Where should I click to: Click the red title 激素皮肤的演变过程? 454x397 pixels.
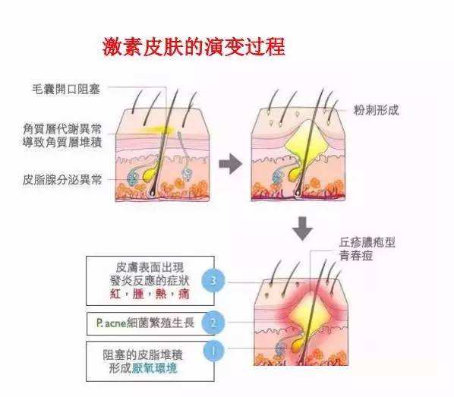pos(194,46)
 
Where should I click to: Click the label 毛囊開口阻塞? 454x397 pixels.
pos(66,89)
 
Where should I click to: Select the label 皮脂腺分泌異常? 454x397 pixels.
pos(62,180)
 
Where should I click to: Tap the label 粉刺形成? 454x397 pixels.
pos(376,110)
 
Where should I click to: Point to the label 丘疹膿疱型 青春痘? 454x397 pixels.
pos(367,249)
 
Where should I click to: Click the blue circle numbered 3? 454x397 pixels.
pos(213,281)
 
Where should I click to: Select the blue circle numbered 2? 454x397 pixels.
pos(213,323)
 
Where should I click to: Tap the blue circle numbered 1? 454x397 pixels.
pos(213,351)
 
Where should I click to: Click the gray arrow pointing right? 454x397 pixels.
pos(231,164)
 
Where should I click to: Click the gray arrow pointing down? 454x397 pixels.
pos(302,228)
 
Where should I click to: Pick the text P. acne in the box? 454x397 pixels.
pos(111,323)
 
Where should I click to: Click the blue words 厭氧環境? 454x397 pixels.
pos(154,368)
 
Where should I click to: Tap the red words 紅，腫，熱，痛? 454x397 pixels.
pos(150,294)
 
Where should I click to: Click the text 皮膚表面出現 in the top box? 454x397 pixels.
pos(150,267)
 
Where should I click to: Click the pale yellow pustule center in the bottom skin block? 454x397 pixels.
pos(307,314)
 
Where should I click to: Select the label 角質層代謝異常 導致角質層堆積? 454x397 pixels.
pos(62,135)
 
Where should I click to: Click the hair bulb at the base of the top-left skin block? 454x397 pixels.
pos(151,192)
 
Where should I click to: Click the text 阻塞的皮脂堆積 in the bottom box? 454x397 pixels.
pos(143,354)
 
